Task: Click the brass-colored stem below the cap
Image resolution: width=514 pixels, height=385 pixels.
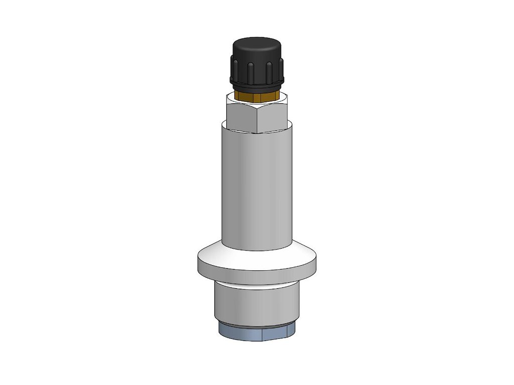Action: tap(256, 95)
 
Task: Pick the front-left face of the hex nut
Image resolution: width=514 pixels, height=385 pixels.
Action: tap(242, 116)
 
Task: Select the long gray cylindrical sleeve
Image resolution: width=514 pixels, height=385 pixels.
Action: tap(256, 190)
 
